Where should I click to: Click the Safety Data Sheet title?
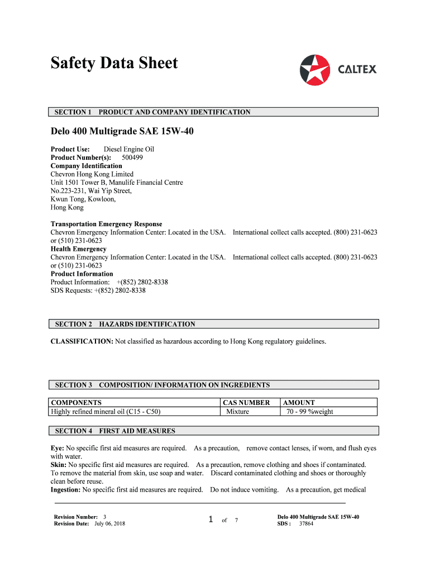click(x=114, y=63)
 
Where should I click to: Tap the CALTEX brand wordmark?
click(x=357, y=70)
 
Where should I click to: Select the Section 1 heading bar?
click(x=214, y=112)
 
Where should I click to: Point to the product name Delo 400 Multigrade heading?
click(x=122, y=133)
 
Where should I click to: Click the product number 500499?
click(x=132, y=158)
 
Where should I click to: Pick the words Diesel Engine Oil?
click(x=129, y=149)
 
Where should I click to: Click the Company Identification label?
click(x=87, y=166)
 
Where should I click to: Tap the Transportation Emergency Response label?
click(x=107, y=224)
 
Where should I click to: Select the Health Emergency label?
click(x=79, y=249)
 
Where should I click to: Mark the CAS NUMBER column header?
click(x=246, y=402)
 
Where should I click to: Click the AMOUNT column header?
click(x=299, y=402)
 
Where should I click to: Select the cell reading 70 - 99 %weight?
click(x=309, y=412)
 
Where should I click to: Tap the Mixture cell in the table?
click(x=238, y=412)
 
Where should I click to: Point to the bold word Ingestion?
click(x=66, y=490)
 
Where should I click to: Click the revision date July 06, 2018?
click(x=109, y=523)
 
